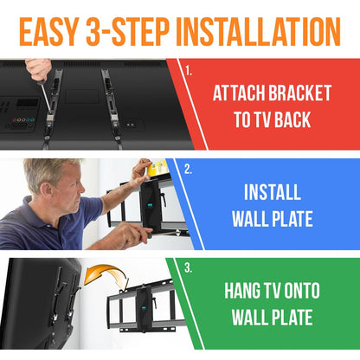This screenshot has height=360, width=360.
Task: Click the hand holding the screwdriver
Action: point(36,67)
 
